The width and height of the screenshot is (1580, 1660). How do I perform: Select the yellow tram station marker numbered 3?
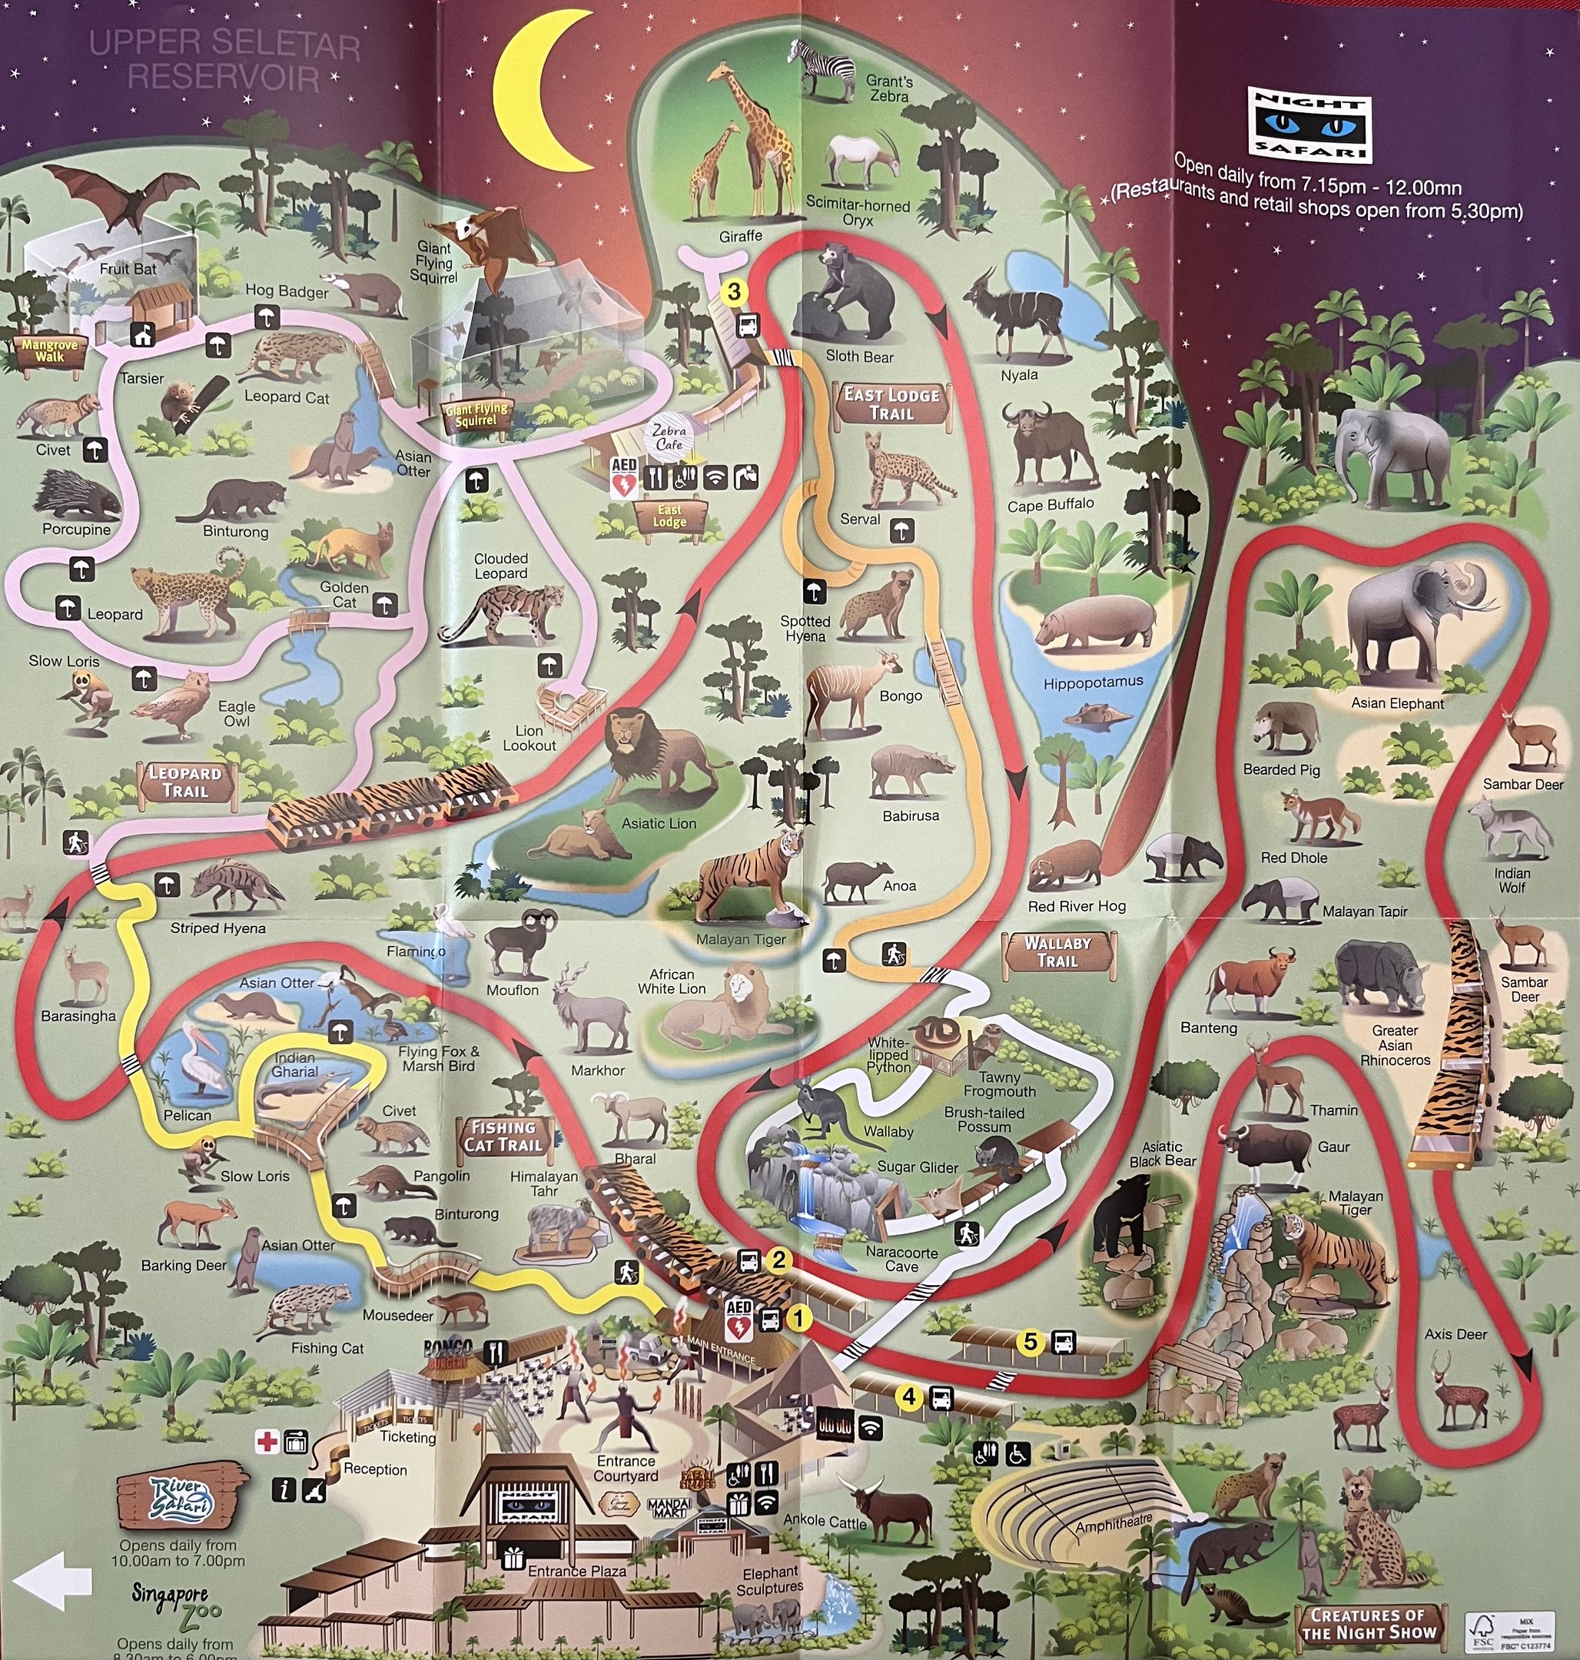click(735, 291)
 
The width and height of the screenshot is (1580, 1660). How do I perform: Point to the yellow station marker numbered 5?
click(1030, 1341)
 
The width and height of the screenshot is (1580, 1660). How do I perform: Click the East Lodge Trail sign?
click(892, 404)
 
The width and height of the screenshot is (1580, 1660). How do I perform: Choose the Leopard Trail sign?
click(185, 782)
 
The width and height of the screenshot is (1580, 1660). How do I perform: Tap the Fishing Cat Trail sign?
click(503, 1136)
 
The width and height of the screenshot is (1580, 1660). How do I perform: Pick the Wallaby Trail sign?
click(1058, 951)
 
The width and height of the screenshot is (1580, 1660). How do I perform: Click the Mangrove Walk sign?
click(49, 351)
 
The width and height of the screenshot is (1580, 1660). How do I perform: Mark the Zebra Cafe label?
click(669, 437)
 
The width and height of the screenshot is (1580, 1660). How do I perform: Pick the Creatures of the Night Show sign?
click(1368, 1623)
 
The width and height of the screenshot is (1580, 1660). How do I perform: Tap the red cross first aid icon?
click(267, 1442)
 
